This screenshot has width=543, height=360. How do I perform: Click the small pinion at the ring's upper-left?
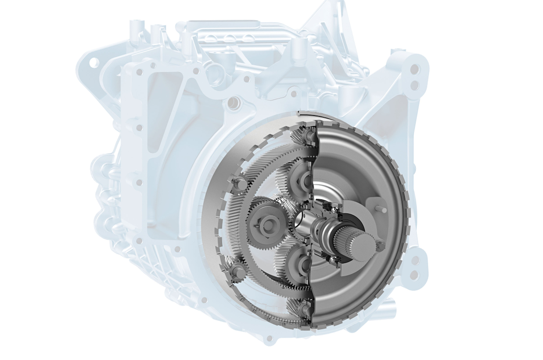(x=238, y=183)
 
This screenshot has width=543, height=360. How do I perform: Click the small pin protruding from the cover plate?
(x=381, y=209)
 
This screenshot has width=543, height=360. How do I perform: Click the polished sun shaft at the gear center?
(x=304, y=221)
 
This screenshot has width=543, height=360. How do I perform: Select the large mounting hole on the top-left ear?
(x=94, y=62)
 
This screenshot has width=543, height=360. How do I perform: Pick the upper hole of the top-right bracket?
(x=414, y=69)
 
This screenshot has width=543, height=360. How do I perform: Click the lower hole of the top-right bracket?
(x=414, y=85)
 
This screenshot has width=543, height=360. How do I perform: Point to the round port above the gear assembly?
(x=233, y=103)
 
